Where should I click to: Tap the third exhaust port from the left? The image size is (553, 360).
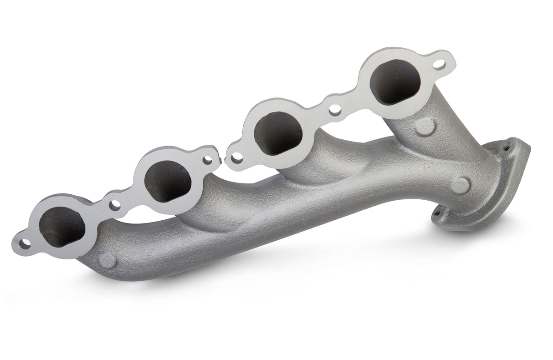(x=278, y=132)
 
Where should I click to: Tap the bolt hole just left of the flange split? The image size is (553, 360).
(x=209, y=160)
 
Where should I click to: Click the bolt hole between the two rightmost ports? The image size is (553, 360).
(x=335, y=110)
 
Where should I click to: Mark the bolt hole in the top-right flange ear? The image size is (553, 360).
(x=438, y=65)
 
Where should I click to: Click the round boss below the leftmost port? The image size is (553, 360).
(x=107, y=261)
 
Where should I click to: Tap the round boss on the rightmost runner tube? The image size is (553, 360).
(x=424, y=127)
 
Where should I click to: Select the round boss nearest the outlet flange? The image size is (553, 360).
(x=460, y=184)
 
